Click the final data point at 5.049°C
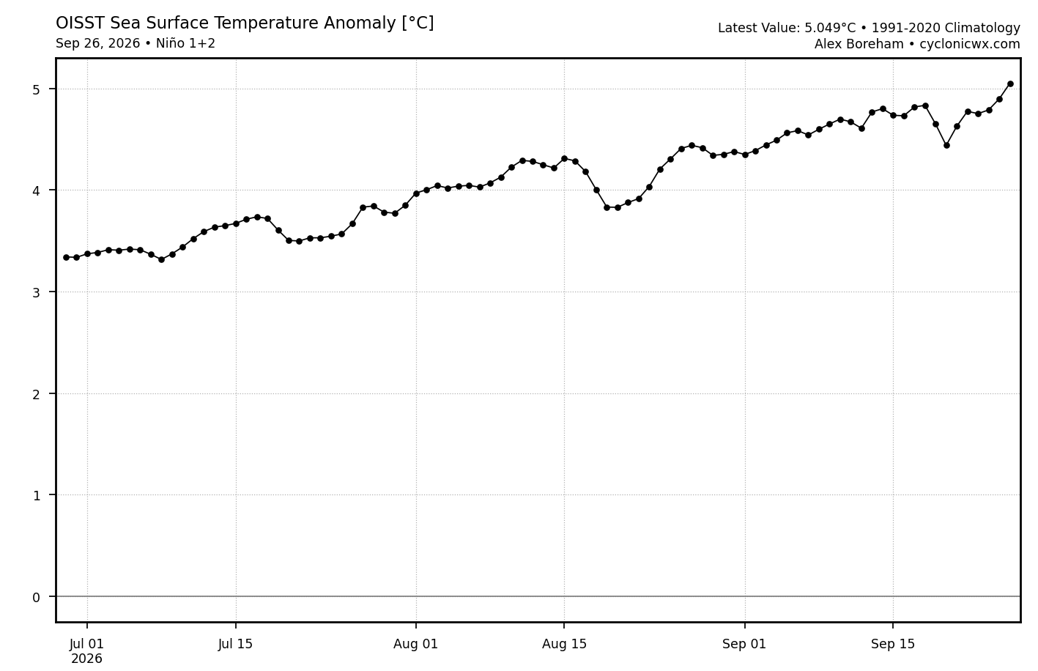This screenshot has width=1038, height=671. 1010,84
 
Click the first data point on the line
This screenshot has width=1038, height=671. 66,257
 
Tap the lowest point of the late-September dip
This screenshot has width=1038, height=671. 946,146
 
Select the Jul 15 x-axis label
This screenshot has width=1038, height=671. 235,644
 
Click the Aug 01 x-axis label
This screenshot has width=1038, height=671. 415,644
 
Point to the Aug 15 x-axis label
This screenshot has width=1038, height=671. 564,644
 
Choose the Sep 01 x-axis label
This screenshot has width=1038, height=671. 744,644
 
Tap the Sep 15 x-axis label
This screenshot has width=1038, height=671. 893,644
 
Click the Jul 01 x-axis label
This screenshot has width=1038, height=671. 86,644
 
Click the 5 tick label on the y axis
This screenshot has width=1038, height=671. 36,89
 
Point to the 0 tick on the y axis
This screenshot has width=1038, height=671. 36,598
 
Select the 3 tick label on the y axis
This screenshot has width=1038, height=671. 36,292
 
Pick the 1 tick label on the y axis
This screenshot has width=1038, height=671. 36,496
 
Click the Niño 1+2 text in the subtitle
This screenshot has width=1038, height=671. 185,43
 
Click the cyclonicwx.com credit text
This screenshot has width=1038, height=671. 970,44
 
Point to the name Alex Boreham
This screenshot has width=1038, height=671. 859,44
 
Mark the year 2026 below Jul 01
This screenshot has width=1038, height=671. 86,659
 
